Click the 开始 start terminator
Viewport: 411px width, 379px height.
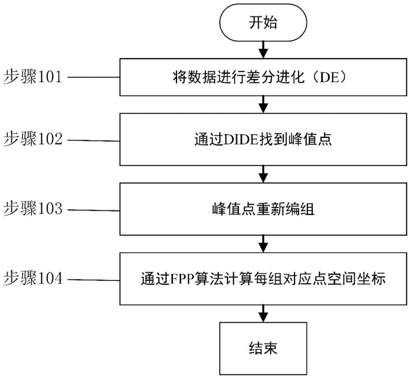pos(263,23)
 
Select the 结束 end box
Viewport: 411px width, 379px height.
pos(263,349)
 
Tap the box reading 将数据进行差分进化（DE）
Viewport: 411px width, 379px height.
pos(263,77)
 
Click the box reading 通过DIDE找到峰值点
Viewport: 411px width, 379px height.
pos(263,140)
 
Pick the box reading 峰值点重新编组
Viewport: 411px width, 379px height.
pos(263,209)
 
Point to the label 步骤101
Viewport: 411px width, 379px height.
pos(33,77)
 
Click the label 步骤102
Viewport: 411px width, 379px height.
pos(33,140)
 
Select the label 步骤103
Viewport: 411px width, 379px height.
pos(33,209)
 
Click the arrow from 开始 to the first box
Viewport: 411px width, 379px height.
pos(263,49)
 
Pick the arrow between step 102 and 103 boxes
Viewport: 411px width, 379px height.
pos(263,173)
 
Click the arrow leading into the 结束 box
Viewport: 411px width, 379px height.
pos(263,313)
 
